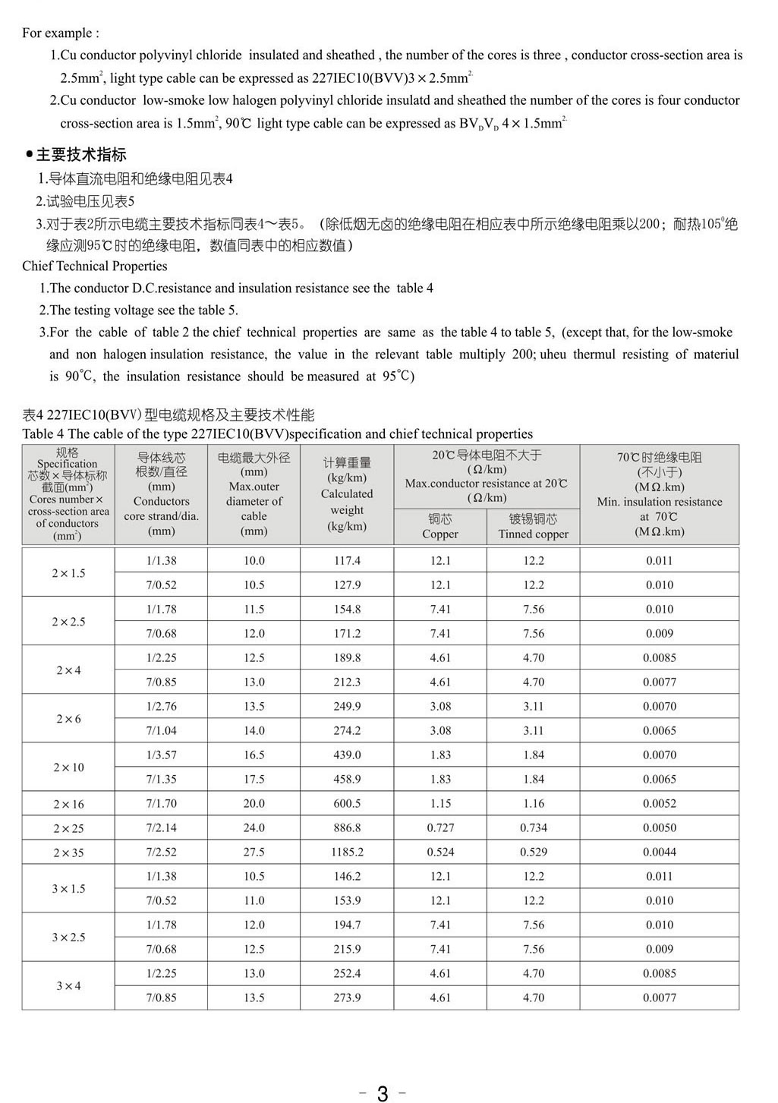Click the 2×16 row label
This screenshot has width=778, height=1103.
pyautogui.click(x=68, y=804)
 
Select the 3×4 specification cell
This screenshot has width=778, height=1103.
pyautogui.click(x=68, y=985)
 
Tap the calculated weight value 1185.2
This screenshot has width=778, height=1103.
pyautogui.click(x=347, y=852)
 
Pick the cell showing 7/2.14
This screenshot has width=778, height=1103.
pyautogui.click(x=161, y=827)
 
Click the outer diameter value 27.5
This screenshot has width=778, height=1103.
pyautogui.click(x=254, y=852)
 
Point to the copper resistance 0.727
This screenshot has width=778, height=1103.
pyautogui.click(x=440, y=827)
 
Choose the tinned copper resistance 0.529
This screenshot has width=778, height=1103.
pyautogui.click(x=534, y=852)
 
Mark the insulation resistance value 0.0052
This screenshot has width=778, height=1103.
pyautogui.click(x=659, y=803)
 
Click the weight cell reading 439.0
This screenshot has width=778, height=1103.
pyautogui.click(x=347, y=755)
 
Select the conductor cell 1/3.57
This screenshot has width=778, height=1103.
pyautogui.click(x=161, y=755)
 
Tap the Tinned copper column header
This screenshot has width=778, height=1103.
pyautogui.click(x=534, y=526)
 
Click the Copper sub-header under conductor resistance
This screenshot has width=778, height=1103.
pyautogui.click(x=440, y=526)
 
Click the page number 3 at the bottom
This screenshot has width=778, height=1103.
pyautogui.click(x=383, y=1093)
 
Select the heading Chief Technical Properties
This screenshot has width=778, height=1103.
pyautogui.click(x=95, y=266)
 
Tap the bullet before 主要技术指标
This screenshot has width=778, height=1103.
pyautogui.click(x=29, y=155)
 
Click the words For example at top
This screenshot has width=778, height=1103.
pyautogui.click(x=60, y=33)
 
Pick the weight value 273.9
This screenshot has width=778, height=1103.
pyautogui.click(x=347, y=997)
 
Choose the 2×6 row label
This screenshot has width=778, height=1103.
pyautogui.click(x=68, y=718)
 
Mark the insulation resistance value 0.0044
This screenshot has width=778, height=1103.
pyautogui.click(x=659, y=852)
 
